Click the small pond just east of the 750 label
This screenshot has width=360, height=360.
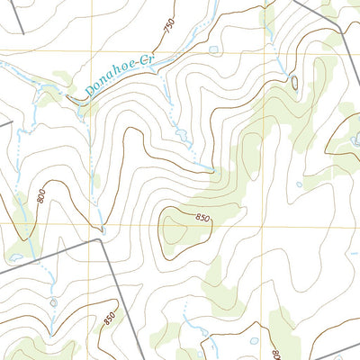click(x=212, y=49)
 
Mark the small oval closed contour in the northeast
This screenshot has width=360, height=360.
click(x=295, y=83)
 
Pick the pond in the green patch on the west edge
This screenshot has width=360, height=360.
click(x=14, y=257)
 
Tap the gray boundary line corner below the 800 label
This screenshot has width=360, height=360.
click(x=101, y=240)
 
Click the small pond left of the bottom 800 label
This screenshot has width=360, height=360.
click(x=253, y=342)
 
